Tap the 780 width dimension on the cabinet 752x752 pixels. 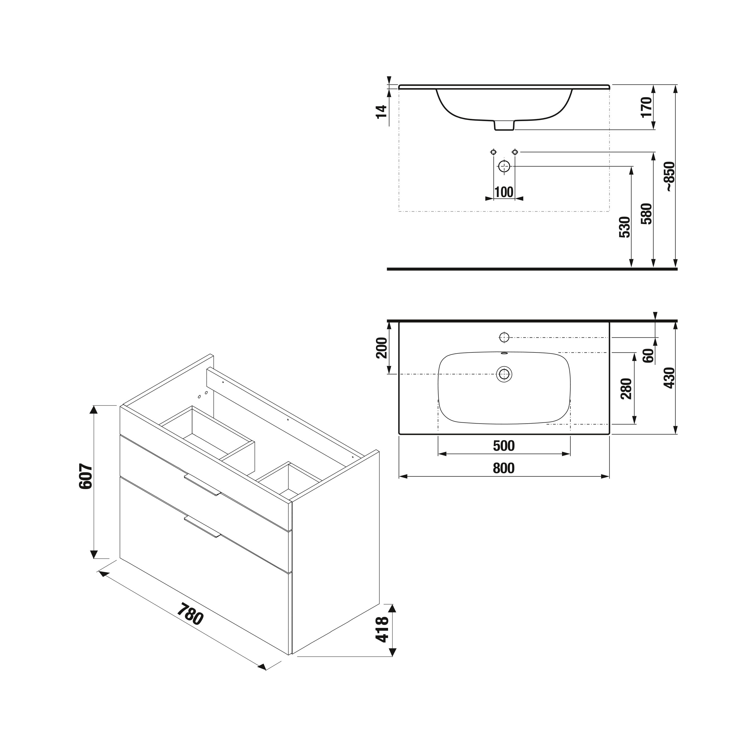[190, 614]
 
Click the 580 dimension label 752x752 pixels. [646, 213]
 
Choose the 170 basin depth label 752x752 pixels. [646, 107]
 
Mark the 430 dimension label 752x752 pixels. [670, 378]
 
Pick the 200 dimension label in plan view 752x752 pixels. [382, 348]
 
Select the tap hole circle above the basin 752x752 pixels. [504, 337]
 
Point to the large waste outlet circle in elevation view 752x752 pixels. [504, 166]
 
